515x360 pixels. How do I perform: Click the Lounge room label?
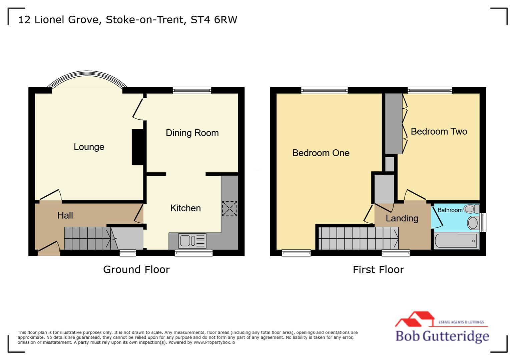click(x=89, y=147)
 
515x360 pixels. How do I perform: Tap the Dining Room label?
click(x=192, y=133)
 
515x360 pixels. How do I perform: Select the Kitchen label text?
click(x=185, y=208)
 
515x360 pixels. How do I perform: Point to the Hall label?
click(x=65, y=216)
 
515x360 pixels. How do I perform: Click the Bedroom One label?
click(x=321, y=153)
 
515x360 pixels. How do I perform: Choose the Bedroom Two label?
click(x=439, y=132)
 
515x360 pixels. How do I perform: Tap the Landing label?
click(x=402, y=219)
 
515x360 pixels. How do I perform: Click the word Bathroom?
click(x=450, y=210)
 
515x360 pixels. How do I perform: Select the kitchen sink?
click(x=192, y=241)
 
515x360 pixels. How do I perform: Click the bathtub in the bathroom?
click(x=456, y=241)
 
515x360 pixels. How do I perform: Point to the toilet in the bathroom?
click(x=471, y=209)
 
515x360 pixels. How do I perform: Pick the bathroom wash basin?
click(x=473, y=223)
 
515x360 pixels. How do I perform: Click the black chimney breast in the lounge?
click(x=138, y=147)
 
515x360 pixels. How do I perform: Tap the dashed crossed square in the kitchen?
click(x=229, y=209)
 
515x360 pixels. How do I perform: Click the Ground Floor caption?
click(x=136, y=269)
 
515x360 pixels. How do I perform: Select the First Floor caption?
click(x=378, y=269)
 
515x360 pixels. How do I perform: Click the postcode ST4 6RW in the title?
click(x=214, y=20)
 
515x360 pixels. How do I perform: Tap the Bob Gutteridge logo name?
click(x=442, y=336)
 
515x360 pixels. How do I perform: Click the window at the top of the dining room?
click(x=192, y=90)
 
